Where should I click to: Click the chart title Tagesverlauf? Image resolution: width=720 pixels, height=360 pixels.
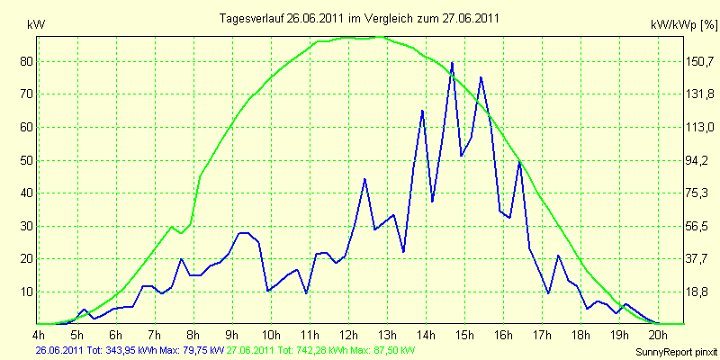(x=251, y=18)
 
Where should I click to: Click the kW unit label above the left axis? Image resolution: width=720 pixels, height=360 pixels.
(x=37, y=25)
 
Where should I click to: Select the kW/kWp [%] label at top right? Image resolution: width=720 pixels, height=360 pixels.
(x=684, y=24)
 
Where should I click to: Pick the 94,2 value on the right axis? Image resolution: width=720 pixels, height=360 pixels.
(x=694, y=160)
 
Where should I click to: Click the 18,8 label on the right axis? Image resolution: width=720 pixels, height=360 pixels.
(x=694, y=292)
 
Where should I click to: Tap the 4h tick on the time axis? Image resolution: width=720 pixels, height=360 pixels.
(x=38, y=333)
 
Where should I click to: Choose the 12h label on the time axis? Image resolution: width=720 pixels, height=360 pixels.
(x=348, y=333)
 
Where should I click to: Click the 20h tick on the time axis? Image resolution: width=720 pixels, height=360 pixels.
(x=659, y=333)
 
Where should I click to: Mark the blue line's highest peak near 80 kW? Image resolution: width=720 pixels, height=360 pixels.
(x=453, y=62)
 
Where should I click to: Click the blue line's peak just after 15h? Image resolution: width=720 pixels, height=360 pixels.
(x=481, y=77)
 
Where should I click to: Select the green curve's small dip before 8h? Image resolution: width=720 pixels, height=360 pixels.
(x=182, y=233)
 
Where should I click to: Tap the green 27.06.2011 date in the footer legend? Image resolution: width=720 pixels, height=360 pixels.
(x=249, y=351)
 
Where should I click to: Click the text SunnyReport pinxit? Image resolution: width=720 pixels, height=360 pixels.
(x=676, y=352)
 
